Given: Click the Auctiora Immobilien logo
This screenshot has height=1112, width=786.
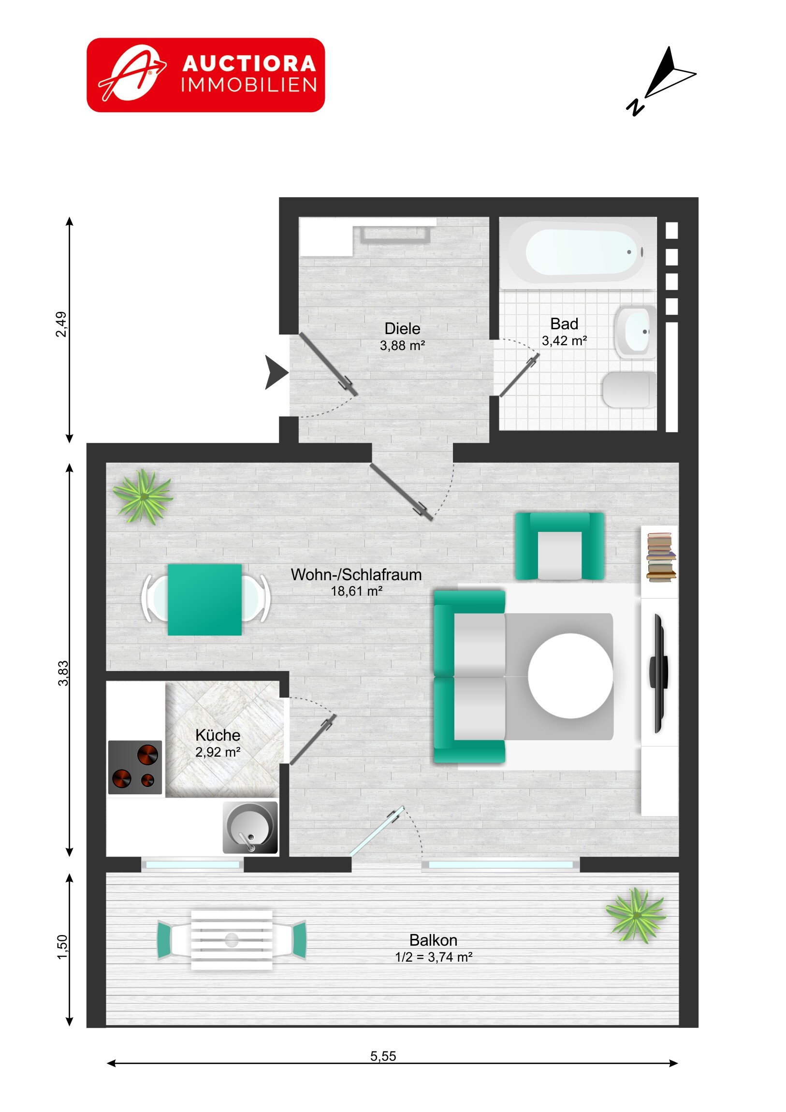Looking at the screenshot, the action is pyautogui.click(x=206, y=75).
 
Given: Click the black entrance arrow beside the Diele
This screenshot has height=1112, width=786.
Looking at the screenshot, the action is pyautogui.click(x=277, y=372).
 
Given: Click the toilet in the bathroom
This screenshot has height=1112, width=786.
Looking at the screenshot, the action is pyautogui.click(x=629, y=389).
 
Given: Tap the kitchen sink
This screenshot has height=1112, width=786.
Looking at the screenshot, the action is pyautogui.click(x=250, y=827).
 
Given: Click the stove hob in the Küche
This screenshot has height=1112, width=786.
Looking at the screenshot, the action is pyautogui.click(x=135, y=767).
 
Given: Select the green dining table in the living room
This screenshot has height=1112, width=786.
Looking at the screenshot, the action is pyautogui.click(x=204, y=600).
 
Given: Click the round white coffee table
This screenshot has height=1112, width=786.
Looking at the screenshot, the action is pyautogui.click(x=570, y=675).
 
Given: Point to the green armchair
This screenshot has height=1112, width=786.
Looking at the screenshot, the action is pyautogui.click(x=559, y=546).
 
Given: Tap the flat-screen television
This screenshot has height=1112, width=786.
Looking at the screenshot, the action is pyautogui.click(x=659, y=673).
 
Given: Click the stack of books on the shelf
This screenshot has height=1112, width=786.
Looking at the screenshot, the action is pyautogui.click(x=661, y=557).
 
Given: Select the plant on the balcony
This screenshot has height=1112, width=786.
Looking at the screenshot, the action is pyautogui.click(x=636, y=914).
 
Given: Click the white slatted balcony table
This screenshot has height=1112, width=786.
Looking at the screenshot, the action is pyautogui.click(x=232, y=940).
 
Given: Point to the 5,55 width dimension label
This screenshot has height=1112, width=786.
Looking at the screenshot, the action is pyautogui.click(x=383, y=1056).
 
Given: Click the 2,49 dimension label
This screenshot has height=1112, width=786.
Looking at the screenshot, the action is pyautogui.click(x=61, y=324).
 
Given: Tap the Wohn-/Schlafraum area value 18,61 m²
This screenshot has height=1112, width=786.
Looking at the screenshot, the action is pyautogui.click(x=356, y=591).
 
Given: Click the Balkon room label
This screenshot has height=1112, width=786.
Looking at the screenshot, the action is pyautogui.click(x=434, y=940).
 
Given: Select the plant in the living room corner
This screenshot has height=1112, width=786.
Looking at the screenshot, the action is pyautogui.click(x=143, y=497).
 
